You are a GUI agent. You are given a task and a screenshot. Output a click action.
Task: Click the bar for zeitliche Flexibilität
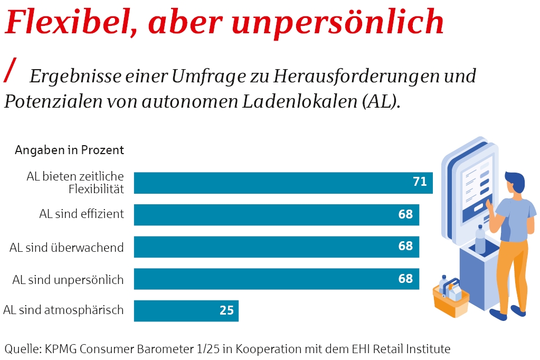click(283, 183)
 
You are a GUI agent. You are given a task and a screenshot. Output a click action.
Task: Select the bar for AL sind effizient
click(276, 215)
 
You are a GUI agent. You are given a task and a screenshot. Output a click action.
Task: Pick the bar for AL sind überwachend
click(276, 247)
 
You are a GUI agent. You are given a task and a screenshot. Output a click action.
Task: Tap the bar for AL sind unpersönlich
click(276, 279)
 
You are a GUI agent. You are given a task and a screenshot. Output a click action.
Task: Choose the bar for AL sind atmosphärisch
click(186, 311)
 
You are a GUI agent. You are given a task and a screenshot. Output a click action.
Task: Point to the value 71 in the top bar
click(420, 182)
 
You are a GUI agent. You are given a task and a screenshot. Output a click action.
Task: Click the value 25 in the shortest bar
click(226, 310)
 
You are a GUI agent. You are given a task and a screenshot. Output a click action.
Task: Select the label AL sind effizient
click(81, 214)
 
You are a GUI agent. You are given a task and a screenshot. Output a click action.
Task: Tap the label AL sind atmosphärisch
click(63, 310)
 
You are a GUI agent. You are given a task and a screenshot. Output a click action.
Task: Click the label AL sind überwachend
click(67, 247)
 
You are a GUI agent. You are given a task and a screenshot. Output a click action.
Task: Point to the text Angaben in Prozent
click(69, 150)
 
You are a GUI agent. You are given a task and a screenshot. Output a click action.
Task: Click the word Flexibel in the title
click(68, 21)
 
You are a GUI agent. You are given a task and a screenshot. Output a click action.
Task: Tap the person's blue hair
click(514, 181)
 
